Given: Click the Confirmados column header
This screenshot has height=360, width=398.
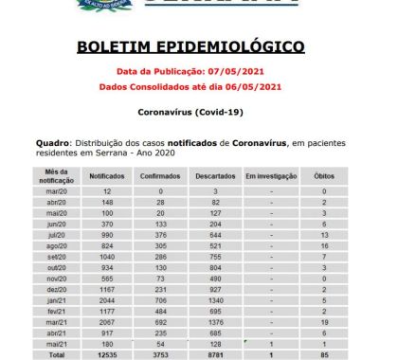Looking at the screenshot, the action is point(158,176).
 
